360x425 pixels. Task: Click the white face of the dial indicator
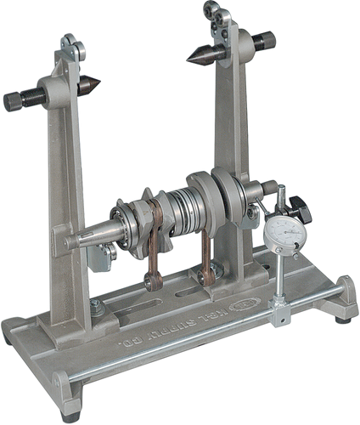(x=282, y=235)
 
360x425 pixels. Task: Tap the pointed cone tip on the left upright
(x=94, y=84)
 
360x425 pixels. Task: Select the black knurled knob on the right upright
(x=266, y=38)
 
